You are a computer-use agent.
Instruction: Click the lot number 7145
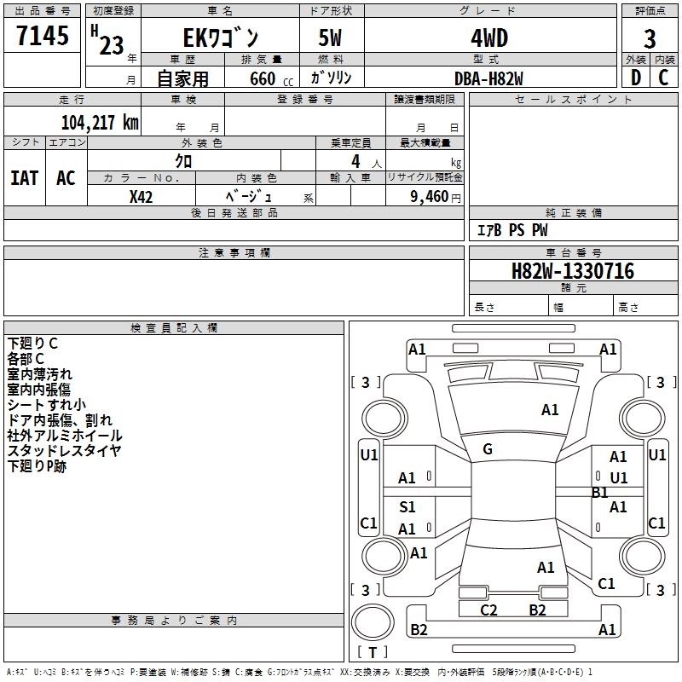coord(43,36)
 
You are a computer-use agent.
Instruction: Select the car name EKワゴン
coord(221,38)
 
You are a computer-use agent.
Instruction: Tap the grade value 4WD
coord(489,38)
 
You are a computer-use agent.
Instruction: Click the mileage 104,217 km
coord(100,123)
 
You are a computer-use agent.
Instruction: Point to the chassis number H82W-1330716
coord(573,271)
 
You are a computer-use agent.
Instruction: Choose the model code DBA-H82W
coord(488,78)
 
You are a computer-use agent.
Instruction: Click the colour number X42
coord(141,197)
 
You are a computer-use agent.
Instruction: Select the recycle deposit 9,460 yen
coord(436,197)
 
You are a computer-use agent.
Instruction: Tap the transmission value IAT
coord(25,178)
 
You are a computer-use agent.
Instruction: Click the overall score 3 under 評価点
coord(650,39)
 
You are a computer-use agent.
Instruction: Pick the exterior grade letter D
coord(636,78)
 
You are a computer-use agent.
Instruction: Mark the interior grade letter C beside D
coord(663,78)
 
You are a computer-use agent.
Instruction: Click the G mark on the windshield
coord(488,449)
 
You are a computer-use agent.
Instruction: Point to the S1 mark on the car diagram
coord(407,506)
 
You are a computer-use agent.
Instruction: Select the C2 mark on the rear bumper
coord(488,610)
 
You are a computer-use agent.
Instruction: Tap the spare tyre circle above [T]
coord(373,622)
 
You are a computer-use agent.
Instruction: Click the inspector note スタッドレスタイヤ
coord(64,451)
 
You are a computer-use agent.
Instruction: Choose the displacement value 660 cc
coord(271,79)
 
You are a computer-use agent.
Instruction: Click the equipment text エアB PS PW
coord(512,230)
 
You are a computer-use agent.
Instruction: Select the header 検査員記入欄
coord(174,328)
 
